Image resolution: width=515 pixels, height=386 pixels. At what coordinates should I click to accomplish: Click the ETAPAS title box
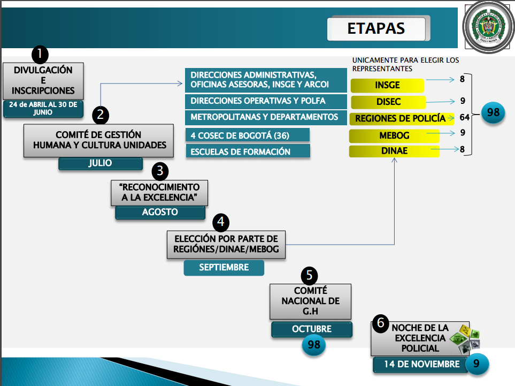[x=376, y=28]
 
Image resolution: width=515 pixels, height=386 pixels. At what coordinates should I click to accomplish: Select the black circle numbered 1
[x=40, y=54]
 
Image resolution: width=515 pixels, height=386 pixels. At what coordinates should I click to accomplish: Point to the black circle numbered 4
[x=221, y=222]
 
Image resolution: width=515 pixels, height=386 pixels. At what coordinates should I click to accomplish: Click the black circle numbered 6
[x=380, y=323]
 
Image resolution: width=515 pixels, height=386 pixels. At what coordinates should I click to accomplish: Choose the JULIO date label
[x=101, y=163]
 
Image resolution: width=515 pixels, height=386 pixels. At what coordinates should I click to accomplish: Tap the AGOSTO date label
[x=160, y=212]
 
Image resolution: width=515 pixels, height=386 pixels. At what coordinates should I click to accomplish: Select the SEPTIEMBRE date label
[x=224, y=267]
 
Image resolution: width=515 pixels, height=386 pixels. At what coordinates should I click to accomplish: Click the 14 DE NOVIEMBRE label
[x=422, y=364]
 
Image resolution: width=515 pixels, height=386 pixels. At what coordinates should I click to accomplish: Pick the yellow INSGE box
[x=387, y=85]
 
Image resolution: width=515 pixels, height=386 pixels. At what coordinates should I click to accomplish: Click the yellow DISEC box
[x=388, y=102]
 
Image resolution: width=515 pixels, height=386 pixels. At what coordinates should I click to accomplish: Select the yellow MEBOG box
[x=394, y=135]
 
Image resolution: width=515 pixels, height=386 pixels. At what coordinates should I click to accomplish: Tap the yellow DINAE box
[x=394, y=151]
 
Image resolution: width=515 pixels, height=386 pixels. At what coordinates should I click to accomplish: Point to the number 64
[x=464, y=117]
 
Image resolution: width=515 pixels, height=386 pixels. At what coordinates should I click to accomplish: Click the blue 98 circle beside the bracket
[x=493, y=112]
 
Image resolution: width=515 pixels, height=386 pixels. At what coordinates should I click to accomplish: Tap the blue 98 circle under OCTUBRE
[x=314, y=345]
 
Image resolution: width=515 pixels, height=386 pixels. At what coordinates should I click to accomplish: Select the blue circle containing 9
[x=476, y=364]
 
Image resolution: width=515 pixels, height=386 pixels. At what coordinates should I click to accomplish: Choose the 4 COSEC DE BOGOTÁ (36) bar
[x=248, y=135]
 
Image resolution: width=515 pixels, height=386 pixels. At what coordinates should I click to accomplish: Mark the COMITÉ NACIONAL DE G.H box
[x=310, y=301]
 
